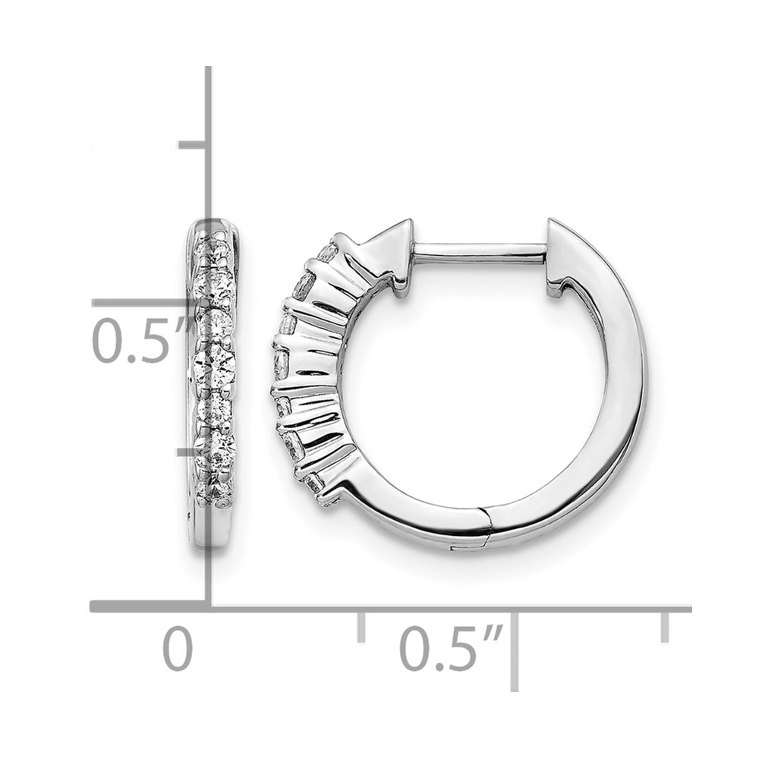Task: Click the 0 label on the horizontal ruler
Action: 178,648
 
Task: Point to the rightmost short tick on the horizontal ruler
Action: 665,627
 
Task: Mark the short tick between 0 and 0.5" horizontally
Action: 361,627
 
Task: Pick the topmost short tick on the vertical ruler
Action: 194,145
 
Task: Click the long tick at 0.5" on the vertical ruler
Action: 150,303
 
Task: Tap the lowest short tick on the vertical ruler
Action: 194,452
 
